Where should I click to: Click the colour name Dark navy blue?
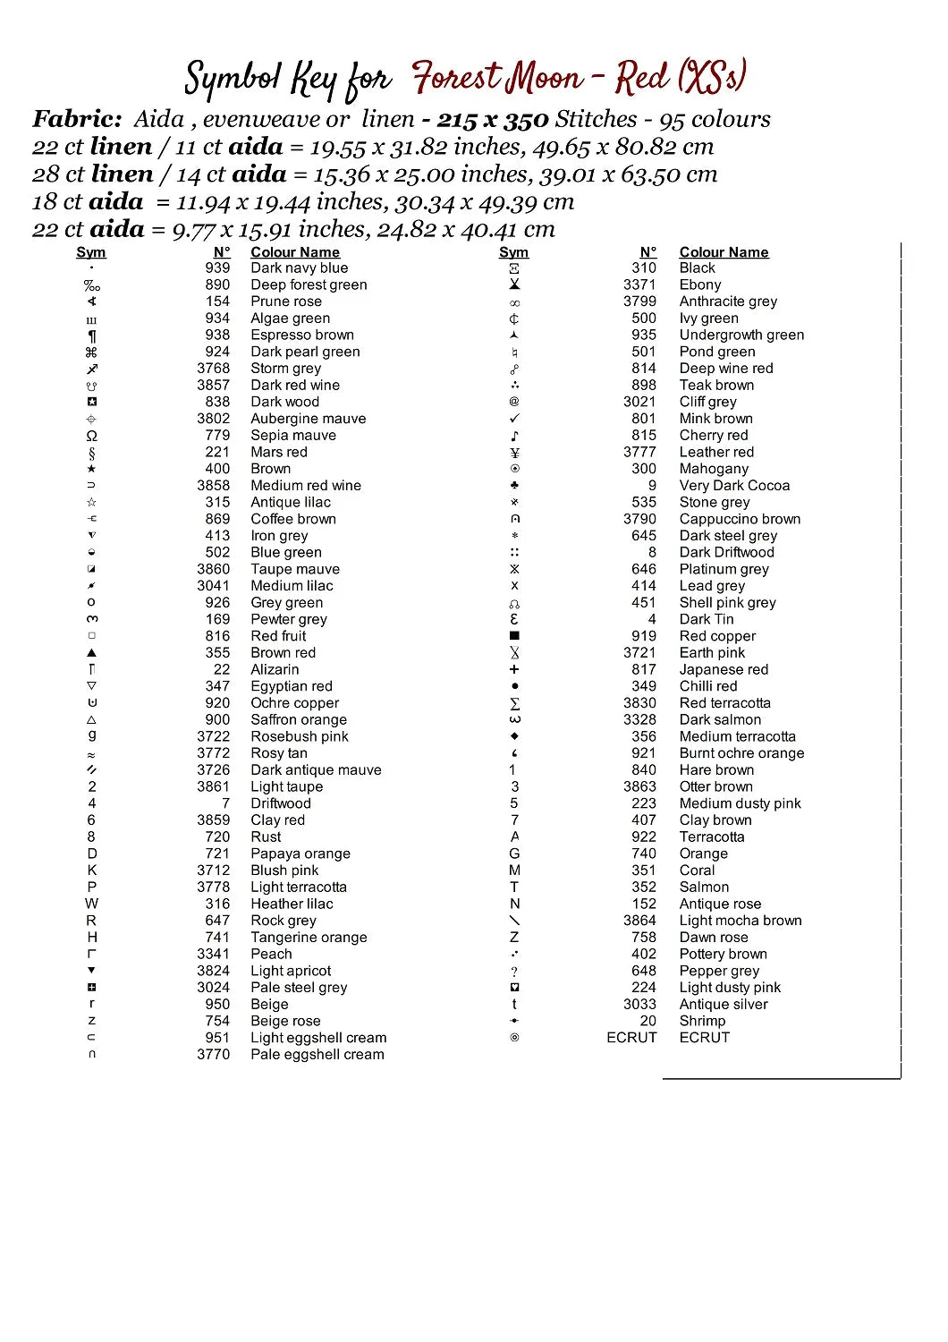point(299,268)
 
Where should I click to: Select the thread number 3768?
point(214,369)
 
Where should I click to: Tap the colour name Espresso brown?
point(301,335)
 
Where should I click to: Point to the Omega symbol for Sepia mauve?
point(92,436)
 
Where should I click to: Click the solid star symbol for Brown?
point(92,469)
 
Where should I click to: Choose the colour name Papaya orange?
point(300,854)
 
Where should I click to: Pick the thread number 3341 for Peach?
point(214,955)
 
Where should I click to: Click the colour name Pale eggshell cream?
point(317,1055)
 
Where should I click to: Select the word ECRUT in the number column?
point(631,1038)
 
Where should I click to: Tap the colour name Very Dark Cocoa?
point(734,486)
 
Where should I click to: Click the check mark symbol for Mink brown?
point(514,419)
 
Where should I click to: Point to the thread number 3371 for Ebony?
point(639,285)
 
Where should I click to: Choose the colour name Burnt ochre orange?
point(741,753)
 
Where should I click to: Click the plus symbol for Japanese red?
point(514,669)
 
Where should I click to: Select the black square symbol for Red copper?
point(514,636)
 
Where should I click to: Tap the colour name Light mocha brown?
point(740,921)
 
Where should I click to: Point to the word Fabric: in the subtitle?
point(77,119)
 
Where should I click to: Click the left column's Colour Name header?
point(294,252)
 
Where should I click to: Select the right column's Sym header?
point(513,252)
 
